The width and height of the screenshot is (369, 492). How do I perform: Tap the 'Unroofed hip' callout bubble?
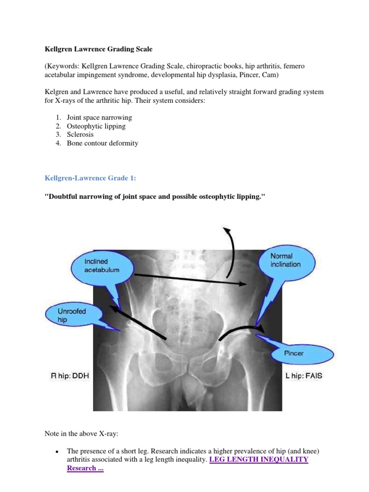coord(72,315)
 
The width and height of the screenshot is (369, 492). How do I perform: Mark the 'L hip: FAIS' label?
coord(304,376)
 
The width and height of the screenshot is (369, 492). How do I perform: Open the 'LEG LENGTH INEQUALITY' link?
coord(259,460)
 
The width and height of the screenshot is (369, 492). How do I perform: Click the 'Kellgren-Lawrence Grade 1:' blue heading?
coord(90,178)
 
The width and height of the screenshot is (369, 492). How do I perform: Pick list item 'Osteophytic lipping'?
coord(96,126)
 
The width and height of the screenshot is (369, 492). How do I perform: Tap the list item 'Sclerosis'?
coord(80,135)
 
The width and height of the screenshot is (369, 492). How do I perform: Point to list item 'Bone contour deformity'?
coord(102,144)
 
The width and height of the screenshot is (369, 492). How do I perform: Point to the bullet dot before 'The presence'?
coord(57,452)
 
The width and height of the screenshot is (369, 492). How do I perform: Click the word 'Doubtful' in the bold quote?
coord(63,197)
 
